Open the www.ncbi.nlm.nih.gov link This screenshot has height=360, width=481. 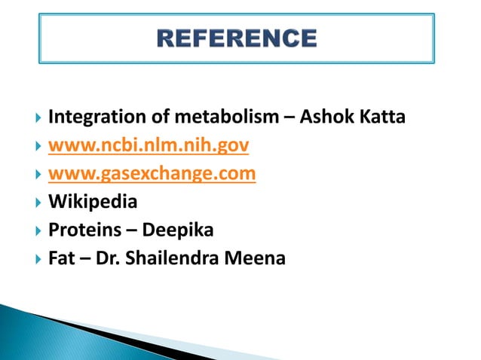[149, 146]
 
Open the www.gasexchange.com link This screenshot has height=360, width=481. [152, 174]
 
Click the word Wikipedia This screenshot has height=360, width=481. [93, 202]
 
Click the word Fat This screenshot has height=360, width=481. [60, 258]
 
